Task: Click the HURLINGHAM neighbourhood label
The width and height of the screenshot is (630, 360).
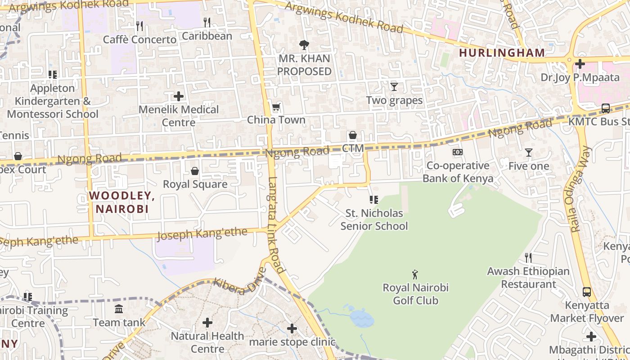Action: [x=502, y=53]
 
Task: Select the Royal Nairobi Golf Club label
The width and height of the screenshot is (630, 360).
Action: [x=415, y=293]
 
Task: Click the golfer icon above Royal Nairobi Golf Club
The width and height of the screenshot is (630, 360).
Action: [x=415, y=274]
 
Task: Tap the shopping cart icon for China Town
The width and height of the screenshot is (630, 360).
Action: [x=276, y=107]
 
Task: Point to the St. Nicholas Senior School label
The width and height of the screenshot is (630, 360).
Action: [x=374, y=219]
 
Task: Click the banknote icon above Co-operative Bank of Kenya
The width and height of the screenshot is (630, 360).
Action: [x=458, y=152]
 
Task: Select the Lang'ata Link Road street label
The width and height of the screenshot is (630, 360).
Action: [x=276, y=225]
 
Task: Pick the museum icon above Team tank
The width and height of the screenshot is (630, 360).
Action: [x=119, y=309]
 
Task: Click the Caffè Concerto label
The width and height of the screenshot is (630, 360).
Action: [x=139, y=40]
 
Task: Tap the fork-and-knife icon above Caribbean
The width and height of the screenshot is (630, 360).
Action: [x=207, y=22]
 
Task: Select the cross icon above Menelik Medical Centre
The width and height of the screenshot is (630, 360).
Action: [x=179, y=96]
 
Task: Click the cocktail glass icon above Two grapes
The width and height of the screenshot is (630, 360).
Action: [x=394, y=86]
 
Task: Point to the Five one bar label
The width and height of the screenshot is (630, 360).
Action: [x=529, y=166]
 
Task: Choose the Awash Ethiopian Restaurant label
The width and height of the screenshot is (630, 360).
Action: [x=528, y=278]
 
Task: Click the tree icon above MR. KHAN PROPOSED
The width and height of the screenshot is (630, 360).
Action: [x=304, y=45]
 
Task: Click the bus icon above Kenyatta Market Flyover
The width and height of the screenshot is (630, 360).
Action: [x=587, y=292]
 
